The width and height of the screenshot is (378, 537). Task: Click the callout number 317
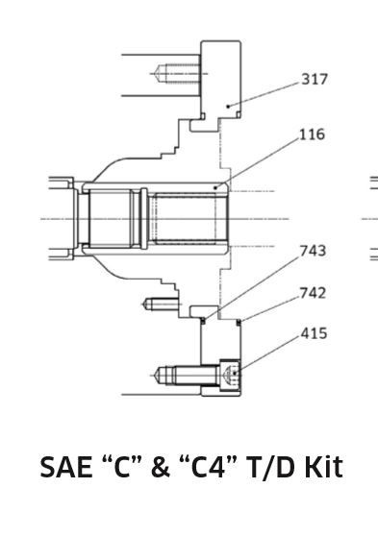pos(315,79)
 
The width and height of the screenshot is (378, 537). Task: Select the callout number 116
pos(313,134)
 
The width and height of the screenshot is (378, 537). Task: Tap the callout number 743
pos(313,251)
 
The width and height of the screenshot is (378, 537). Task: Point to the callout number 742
pos(313,293)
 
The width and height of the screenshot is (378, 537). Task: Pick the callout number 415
pos(314,333)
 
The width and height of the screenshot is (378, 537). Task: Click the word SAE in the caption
pos(66,467)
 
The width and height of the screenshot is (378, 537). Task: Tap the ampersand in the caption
pos(161,467)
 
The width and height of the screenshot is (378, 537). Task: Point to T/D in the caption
pos(268,467)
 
